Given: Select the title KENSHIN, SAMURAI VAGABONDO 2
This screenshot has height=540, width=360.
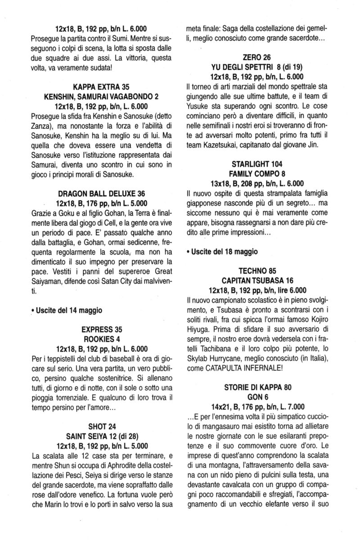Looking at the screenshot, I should [100, 97].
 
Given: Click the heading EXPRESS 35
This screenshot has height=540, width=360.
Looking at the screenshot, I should [100, 329].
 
